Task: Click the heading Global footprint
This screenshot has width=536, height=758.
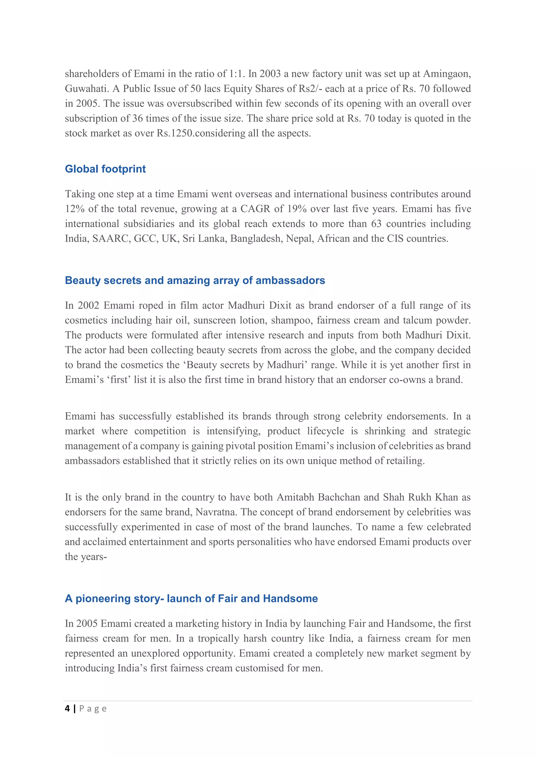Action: [x=105, y=169]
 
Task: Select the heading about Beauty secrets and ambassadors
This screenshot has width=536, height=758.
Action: [x=195, y=280]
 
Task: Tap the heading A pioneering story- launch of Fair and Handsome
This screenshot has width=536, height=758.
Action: [x=191, y=599]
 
